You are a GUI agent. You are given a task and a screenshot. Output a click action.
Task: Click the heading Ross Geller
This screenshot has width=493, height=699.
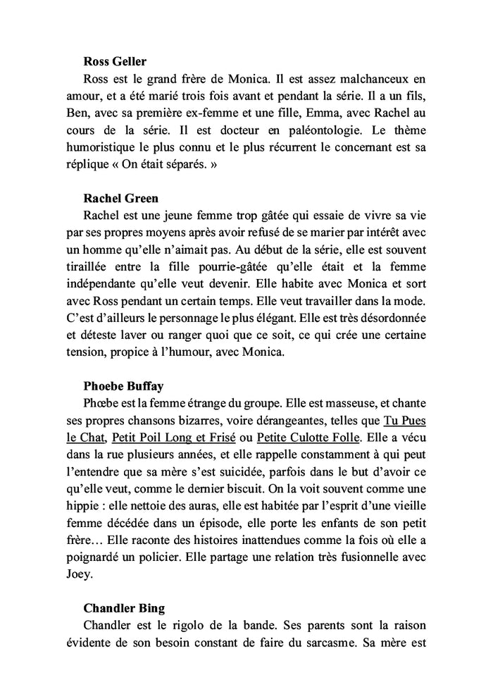coord(115,62)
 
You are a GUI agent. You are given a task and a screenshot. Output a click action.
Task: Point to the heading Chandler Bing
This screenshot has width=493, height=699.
coord(124,607)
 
